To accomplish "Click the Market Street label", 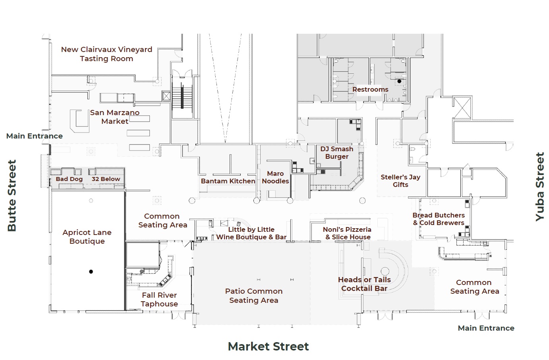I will coord(268,347).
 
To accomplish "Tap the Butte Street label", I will coord(12,196).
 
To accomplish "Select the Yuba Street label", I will coord(539,187).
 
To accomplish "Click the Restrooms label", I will coord(370,90).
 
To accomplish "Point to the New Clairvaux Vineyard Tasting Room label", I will coord(106,54).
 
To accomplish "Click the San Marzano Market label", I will coord(114,117).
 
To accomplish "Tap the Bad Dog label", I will coord(69,179).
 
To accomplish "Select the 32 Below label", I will coord(106,179).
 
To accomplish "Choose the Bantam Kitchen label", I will coord(228,181).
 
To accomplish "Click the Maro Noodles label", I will coord(275,177).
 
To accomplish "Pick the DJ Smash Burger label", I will coord(337,153).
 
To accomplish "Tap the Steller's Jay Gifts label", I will coord(400,181).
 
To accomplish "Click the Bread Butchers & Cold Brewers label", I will coord(439,219).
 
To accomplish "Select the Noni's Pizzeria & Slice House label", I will coord(347,233).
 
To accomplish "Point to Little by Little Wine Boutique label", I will coord(251,233).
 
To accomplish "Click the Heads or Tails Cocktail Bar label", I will coord(364,284).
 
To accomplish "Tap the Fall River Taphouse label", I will coord(159,299).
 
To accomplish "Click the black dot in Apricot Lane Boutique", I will coord(91,272).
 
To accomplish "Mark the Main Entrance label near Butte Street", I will coord(35,136).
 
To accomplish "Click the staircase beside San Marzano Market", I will coord(182,95).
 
